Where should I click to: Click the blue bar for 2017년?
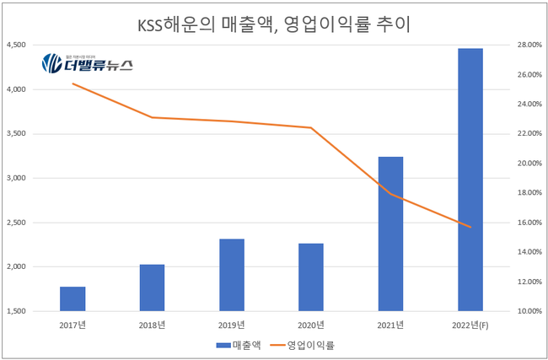point(73,299)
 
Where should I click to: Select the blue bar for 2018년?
point(152,287)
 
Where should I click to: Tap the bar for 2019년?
point(232,275)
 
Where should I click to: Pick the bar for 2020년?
point(311,277)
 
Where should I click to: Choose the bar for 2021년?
point(390,234)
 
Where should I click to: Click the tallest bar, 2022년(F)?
point(470,180)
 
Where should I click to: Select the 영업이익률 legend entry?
point(310,345)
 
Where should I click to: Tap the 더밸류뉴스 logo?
point(87,64)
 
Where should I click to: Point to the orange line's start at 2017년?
point(73,83)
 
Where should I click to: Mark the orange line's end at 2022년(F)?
point(470,227)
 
